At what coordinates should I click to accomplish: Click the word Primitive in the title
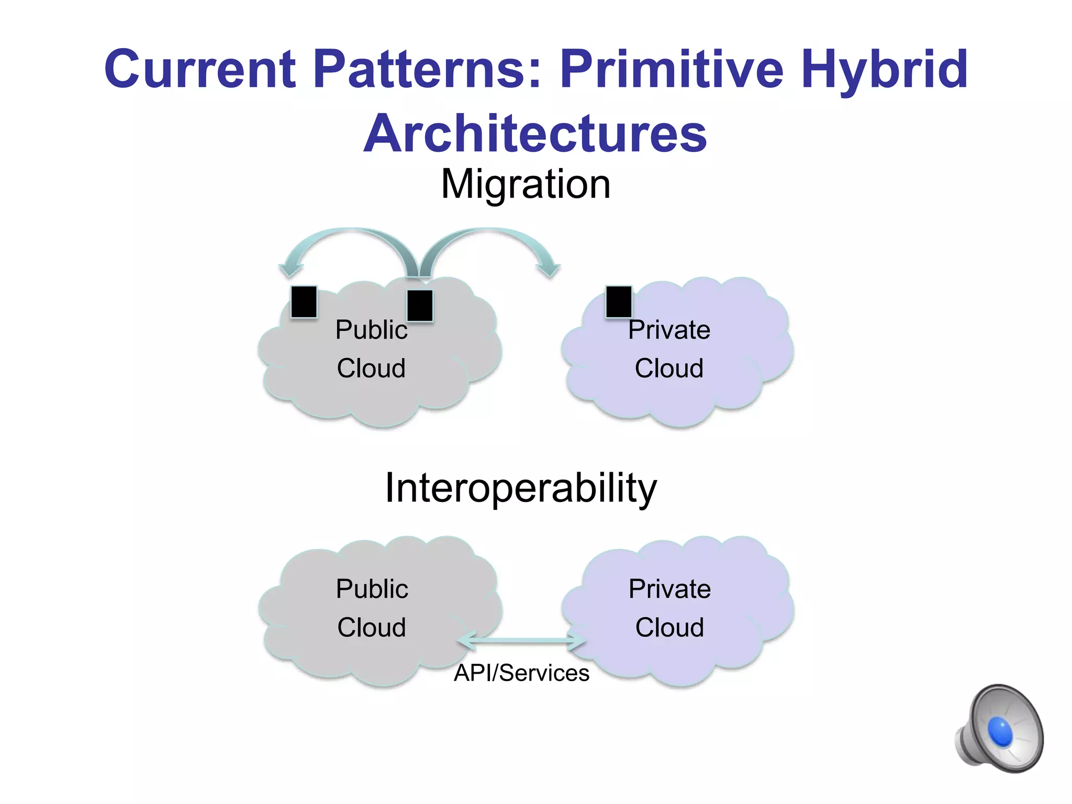click(672, 69)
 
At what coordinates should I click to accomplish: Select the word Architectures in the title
click(535, 133)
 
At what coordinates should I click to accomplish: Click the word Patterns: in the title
click(428, 69)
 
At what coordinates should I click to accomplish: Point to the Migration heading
click(526, 184)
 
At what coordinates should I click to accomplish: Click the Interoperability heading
click(520, 488)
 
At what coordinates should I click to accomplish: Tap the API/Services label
click(521, 673)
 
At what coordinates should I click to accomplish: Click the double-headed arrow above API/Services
click(521, 641)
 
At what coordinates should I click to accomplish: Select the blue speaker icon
click(1000, 729)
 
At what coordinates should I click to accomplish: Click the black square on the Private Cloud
click(619, 301)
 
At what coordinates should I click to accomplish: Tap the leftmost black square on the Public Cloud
click(304, 301)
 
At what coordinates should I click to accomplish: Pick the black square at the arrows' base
click(420, 306)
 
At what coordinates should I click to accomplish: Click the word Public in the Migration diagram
click(371, 330)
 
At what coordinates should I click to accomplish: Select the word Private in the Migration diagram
click(669, 330)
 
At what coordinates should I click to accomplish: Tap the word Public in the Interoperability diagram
click(372, 589)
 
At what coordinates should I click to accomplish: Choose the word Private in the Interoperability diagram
click(669, 589)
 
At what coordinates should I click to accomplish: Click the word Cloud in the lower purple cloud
click(669, 628)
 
